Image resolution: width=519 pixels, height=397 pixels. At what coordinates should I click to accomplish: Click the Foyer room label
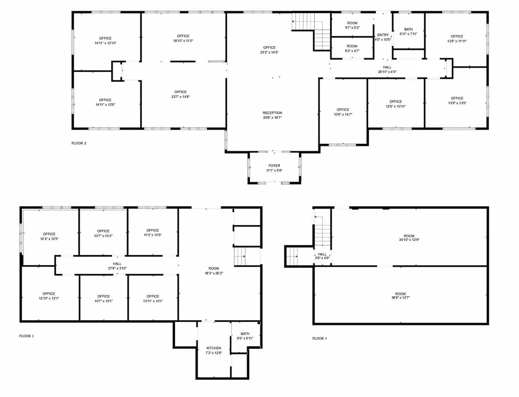[x=274, y=166]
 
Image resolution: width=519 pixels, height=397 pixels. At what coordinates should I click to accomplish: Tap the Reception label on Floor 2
[x=272, y=113]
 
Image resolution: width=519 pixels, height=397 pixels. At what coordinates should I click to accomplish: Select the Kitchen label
[x=214, y=348]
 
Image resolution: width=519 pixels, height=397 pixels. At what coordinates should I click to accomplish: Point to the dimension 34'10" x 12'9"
[x=409, y=240]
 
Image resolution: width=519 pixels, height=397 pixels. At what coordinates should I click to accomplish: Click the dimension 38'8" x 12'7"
[x=400, y=298]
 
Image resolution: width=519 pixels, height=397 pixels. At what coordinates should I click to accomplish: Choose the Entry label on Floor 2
[x=383, y=35]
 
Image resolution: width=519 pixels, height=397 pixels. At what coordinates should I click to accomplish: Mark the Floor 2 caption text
[x=79, y=143]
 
